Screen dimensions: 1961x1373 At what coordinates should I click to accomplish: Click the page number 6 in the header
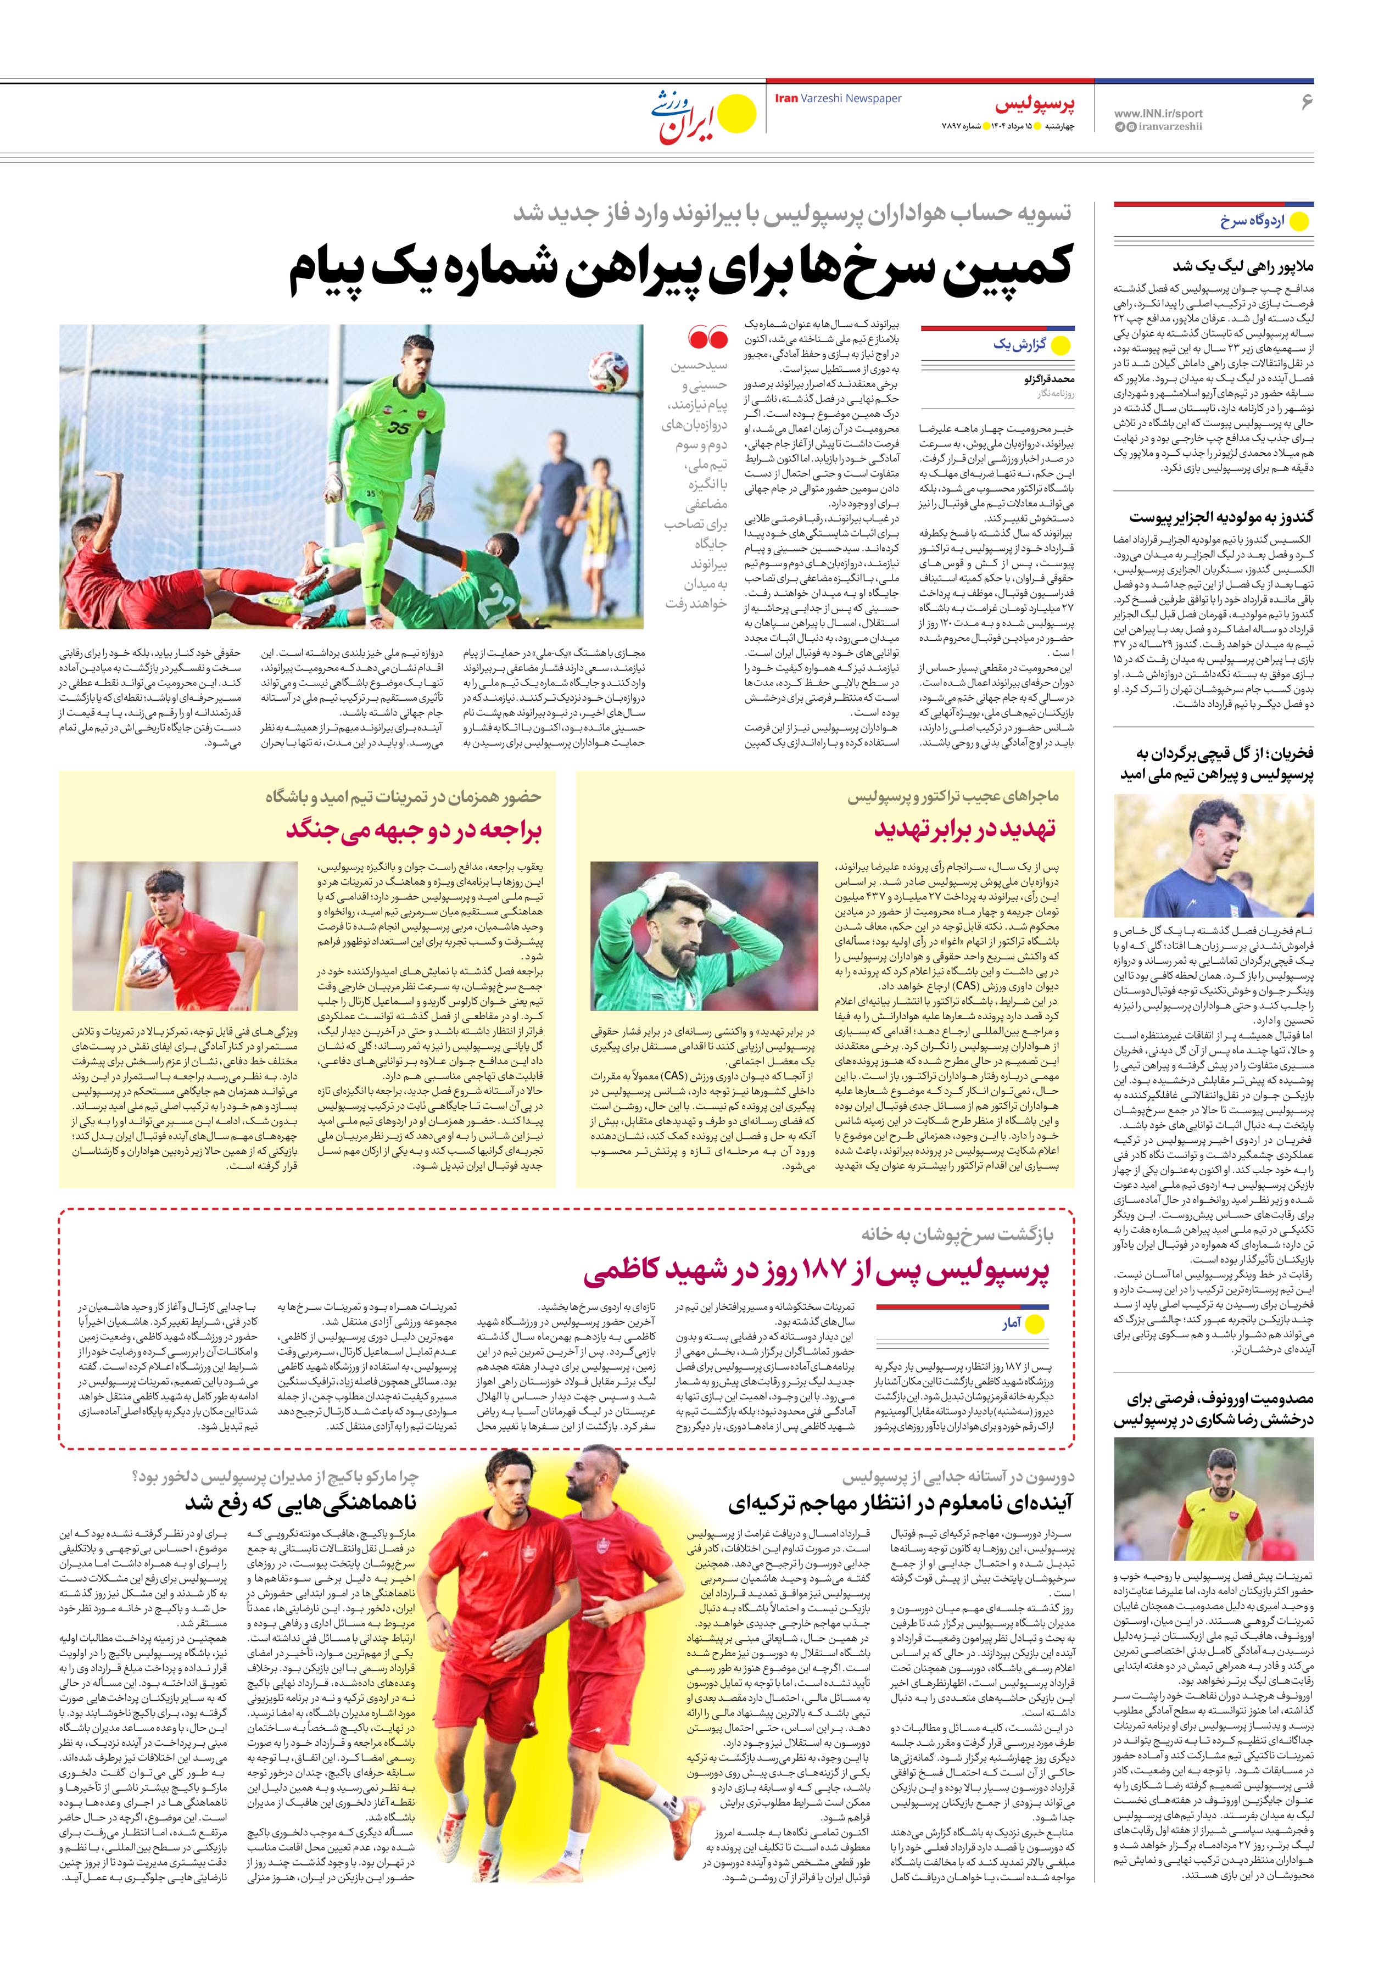point(1305,102)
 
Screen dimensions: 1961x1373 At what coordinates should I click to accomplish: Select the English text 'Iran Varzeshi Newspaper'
point(838,98)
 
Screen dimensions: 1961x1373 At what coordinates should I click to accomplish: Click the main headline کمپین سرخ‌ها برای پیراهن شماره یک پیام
point(679,267)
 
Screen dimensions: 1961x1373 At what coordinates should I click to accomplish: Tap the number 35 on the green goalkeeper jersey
point(398,427)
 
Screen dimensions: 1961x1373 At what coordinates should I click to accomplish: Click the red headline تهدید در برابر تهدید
point(964,829)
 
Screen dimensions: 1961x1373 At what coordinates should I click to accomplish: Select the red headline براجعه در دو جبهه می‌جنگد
point(414,829)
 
